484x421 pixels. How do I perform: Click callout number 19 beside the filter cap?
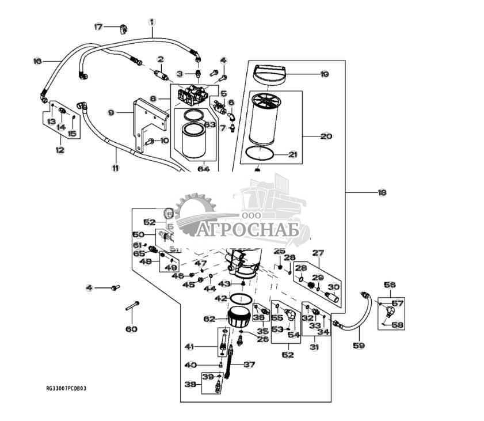[325, 74]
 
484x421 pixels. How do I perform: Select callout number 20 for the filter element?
[326, 136]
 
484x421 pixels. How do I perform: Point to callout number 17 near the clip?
[98, 26]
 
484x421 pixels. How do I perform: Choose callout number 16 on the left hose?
[37, 61]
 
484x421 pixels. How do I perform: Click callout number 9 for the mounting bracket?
[111, 113]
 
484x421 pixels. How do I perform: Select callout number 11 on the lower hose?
[115, 168]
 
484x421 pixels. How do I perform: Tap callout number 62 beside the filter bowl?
[209, 318]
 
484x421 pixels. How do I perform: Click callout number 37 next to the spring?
[249, 365]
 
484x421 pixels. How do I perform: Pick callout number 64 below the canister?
[203, 169]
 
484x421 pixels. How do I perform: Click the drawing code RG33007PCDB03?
[66, 389]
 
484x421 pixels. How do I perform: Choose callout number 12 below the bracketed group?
[60, 150]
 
